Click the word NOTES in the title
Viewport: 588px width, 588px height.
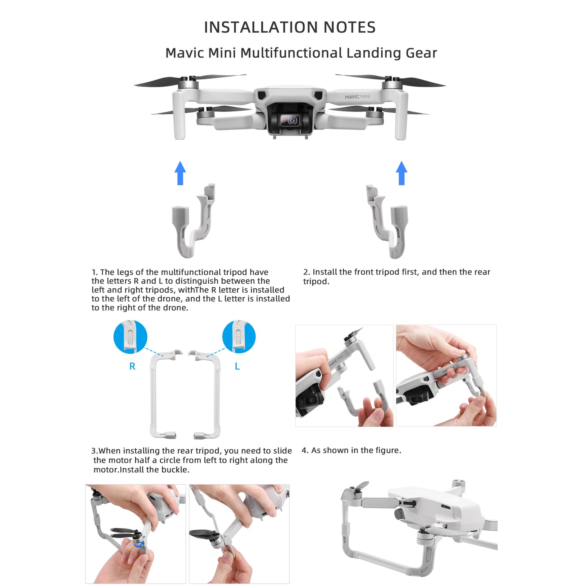(349, 27)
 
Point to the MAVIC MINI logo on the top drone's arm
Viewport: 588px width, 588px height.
(357, 97)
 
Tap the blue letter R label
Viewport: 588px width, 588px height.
(132, 366)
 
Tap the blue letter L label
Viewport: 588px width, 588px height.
(237, 366)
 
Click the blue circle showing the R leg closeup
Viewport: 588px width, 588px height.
(130, 337)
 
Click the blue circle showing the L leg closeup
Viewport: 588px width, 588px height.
(239, 337)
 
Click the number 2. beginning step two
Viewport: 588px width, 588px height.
(306, 272)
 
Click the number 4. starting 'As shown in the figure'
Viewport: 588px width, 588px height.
(305, 450)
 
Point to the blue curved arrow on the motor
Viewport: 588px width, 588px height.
(139, 544)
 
